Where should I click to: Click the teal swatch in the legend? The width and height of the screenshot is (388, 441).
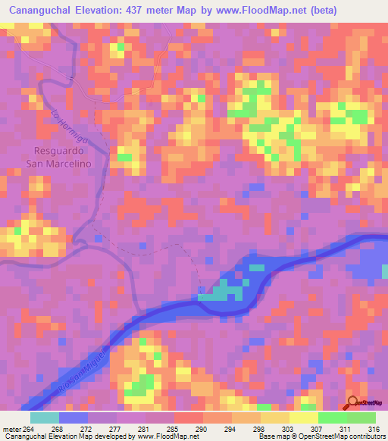[45, 417]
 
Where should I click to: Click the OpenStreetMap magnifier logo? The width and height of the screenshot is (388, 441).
[352, 403]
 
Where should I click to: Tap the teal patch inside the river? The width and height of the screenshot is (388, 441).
[221, 291]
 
